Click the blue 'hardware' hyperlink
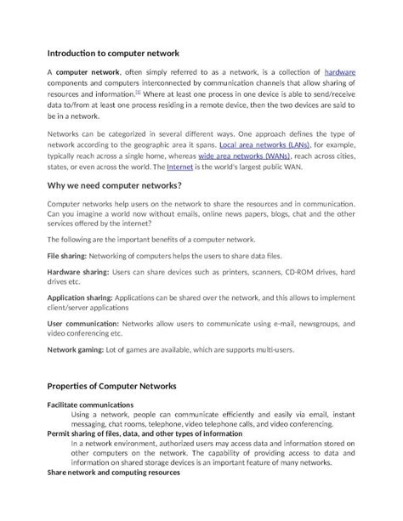[340, 74]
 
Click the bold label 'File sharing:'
[70, 256]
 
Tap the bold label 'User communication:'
[82, 325]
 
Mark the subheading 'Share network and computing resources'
[113, 472]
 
